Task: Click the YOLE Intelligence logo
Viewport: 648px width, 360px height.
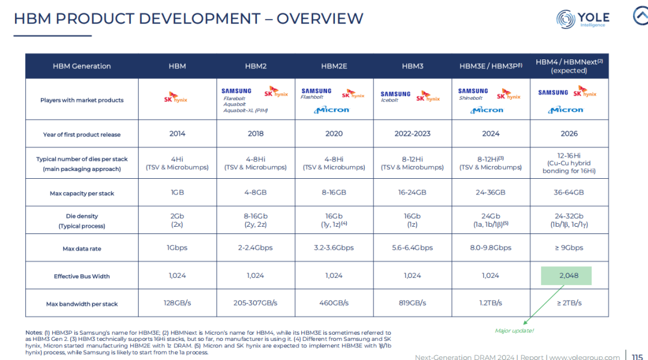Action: pyautogui.click(x=583, y=19)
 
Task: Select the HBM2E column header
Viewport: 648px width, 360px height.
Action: pyautogui.click(x=334, y=66)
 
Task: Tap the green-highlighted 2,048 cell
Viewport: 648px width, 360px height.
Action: pyautogui.click(x=566, y=275)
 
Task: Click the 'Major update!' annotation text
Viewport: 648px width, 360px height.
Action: pyautogui.click(x=514, y=331)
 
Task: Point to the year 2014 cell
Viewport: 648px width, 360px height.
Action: pyautogui.click(x=177, y=134)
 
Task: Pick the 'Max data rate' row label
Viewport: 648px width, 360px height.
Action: pyautogui.click(x=82, y=249)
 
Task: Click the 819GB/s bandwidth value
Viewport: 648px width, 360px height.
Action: pyautogui.click(x=412, y=303)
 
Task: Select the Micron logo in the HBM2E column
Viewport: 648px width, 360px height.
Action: pyautogui.click(x=331, y=110)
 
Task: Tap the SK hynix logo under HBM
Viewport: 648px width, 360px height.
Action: pyautogui.click(x=176, y=98)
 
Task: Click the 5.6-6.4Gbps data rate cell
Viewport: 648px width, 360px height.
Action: pyautogui.click(x=412, y=248)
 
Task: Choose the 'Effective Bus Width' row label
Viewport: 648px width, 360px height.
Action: pyautogui.click(x=82, y=277)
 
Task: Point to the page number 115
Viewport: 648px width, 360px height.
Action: pyautogui.click(x=637, y=356)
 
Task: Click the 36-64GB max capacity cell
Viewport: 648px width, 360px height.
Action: pyautogui.click(x=569, y=193)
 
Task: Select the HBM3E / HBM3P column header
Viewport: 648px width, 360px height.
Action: pyautogui.click(x=491, y=66)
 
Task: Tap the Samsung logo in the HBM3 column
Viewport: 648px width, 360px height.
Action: pyautogui.click(x=395, y=94)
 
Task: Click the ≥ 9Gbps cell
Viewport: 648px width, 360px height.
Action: pyautogui.click(x=569, y=248)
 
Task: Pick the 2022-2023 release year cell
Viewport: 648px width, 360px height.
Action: pyautogui.click(x=412, y=134)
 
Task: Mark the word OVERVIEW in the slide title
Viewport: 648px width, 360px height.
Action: pyautogui.click(x=320, y=19)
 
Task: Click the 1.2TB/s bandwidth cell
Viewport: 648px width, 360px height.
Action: pyautogui.click(x=491, y=303)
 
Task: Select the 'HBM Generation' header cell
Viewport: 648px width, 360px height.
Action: pyautogui.click(x=82, y=66)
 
